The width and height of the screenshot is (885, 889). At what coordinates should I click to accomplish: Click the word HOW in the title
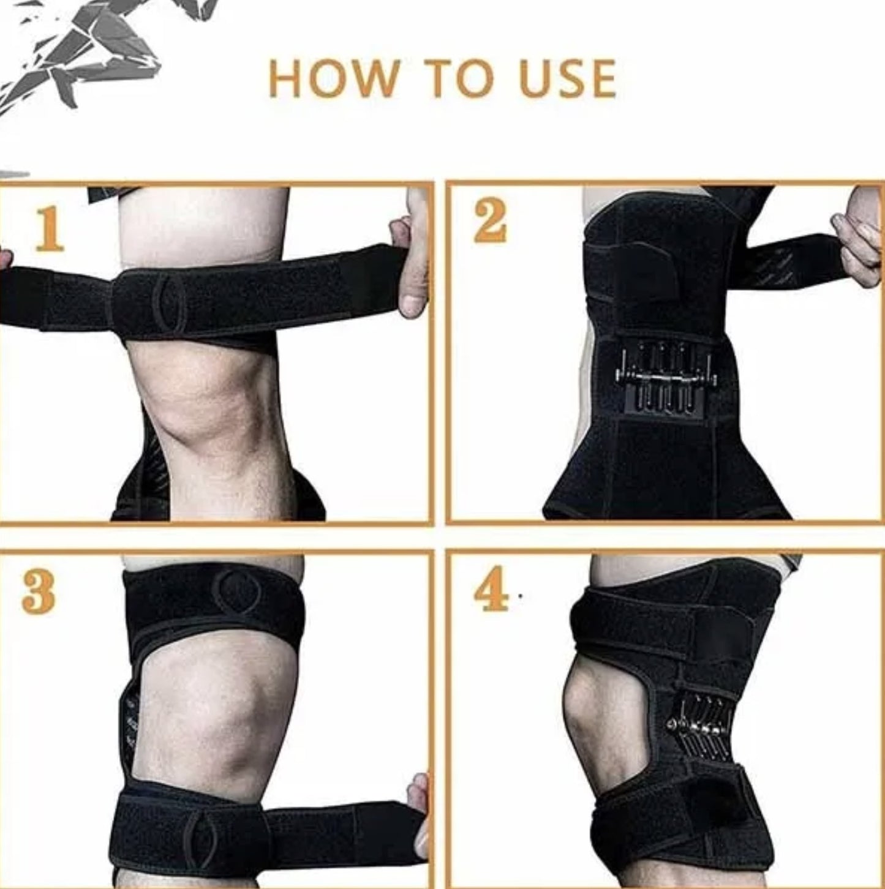334,79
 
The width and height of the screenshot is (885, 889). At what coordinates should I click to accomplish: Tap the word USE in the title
567,79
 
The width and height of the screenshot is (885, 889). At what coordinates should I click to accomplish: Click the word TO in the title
459,79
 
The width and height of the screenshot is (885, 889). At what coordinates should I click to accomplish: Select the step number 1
49,229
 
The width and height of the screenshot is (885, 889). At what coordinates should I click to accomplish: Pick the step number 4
491,589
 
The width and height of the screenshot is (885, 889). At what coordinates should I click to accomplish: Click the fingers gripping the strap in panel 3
420,814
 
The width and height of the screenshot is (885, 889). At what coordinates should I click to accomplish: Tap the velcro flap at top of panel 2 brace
637,269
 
